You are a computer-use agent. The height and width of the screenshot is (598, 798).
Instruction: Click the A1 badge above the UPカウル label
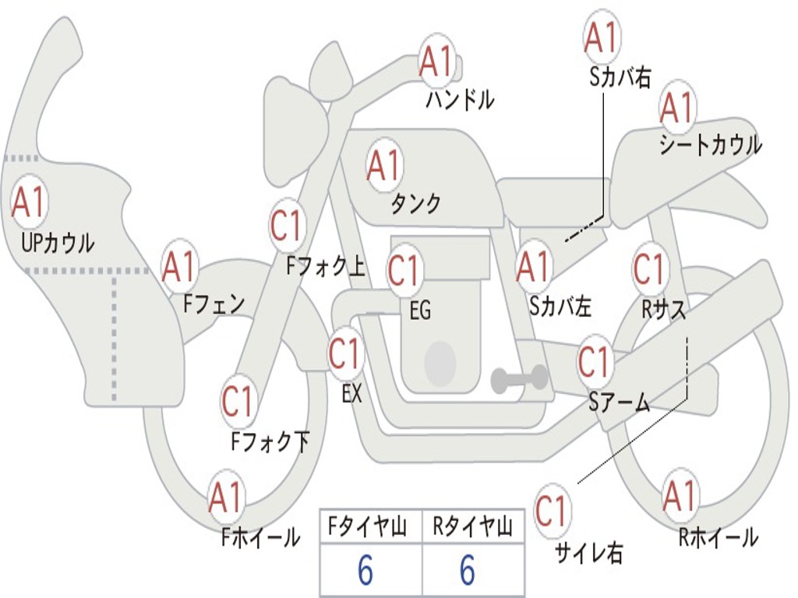29,202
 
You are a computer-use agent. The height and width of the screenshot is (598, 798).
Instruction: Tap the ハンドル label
460,99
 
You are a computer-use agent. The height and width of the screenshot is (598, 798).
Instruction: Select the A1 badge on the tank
384,165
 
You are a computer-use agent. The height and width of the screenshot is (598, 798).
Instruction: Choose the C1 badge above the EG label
404,269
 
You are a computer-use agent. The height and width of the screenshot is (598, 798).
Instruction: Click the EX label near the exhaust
352,393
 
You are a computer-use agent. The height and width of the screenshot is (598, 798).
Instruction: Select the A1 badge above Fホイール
226,497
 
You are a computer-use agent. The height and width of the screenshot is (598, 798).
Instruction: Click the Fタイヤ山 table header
368,526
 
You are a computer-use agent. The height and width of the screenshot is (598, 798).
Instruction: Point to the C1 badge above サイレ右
552,510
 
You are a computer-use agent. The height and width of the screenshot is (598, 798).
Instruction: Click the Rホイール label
718,537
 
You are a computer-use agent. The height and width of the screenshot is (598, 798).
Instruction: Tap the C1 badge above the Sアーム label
595,361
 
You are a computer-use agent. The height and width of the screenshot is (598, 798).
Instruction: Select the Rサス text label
663,309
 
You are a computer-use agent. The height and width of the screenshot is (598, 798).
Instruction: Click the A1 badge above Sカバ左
534,266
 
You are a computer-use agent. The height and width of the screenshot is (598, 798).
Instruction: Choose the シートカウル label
711,145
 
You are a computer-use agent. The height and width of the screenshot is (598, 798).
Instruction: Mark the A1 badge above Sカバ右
602,36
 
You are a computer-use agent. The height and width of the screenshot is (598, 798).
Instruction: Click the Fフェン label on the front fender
214,304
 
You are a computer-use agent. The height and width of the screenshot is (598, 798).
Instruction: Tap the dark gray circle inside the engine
440,363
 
